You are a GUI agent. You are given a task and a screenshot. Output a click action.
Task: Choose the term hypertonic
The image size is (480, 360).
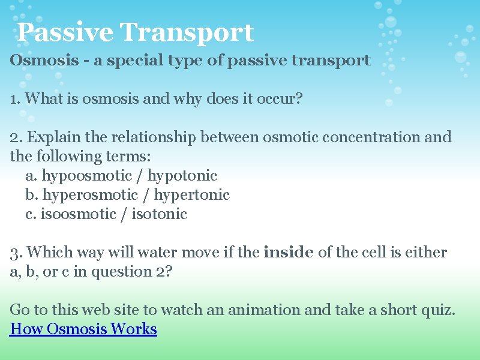pyautogui.click(x=192, y=195)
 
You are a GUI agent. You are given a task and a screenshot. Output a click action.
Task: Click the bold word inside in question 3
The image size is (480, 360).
pyautogui.click(x=288, y=253)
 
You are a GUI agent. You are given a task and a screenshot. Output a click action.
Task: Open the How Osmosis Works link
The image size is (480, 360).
pyautogui.click(x=83, y=329)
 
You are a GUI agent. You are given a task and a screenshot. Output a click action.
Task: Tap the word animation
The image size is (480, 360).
pyautogui.click(x=271, y=310)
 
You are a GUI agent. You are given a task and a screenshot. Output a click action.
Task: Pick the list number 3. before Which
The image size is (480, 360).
pyautogui.click(x=16, y=253)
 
